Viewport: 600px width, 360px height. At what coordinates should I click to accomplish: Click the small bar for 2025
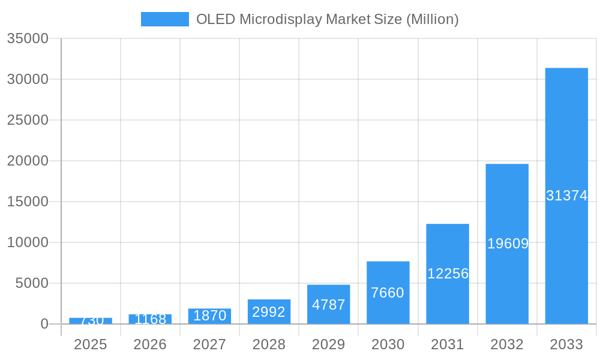[x=91, y=321]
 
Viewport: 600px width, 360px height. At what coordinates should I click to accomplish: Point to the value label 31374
[x=566, y=196]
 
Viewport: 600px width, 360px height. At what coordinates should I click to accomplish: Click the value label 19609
[x=508, y=244]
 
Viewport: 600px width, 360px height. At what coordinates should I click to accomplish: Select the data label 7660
[x=388, y=293]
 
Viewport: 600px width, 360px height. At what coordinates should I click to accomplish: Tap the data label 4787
[x=329, y=305]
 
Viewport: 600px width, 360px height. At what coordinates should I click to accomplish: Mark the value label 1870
[x=209, y=316]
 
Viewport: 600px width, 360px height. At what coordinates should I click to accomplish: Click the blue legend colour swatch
[x=165, y=19]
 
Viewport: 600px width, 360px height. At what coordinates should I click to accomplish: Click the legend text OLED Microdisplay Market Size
[x=327, y=19]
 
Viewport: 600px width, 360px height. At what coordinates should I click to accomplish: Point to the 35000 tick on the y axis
[x=28, y=38]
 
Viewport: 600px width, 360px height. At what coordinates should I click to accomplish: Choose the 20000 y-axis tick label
[x=28, y=161]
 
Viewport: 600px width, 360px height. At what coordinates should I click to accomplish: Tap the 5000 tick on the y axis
[x=31, y=283]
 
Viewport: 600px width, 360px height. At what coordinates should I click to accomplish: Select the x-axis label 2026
[x=150, y=344]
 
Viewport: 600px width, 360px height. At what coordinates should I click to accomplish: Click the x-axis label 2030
[x=388, y=344]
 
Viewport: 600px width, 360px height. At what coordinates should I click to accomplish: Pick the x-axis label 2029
[x=329, y=344]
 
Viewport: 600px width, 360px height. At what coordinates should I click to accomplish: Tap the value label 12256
[x=448, y=274]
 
